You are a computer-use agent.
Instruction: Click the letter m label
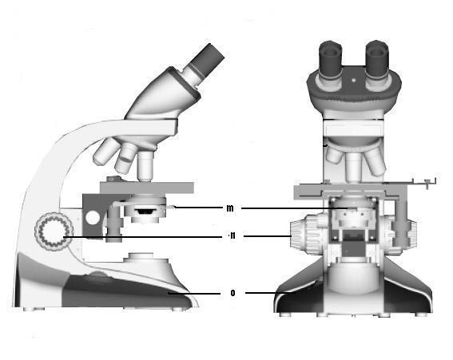click(230, 208)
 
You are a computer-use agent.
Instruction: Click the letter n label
click(232, 235)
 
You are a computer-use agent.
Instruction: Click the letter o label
click(232, 293)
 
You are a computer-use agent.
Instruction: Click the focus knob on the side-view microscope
click(54, 231)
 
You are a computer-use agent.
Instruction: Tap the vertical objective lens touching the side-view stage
click(145, 166)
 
